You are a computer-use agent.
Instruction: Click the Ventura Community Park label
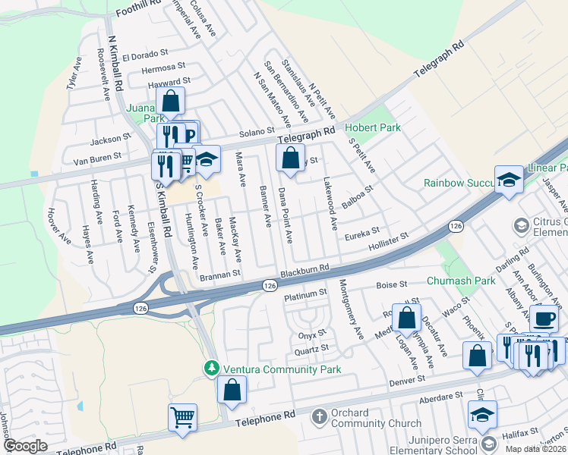tap(280, 369)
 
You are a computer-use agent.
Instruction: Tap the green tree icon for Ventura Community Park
tap(212, 369)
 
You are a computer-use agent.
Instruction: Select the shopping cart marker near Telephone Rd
tap(182, 416)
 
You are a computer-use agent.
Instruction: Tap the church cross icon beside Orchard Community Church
tap(319, 416)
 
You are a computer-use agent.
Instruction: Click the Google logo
tap(25, 446)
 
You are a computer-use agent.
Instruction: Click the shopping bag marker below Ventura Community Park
tap(232, 391)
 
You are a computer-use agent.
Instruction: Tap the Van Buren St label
tap(97, 158)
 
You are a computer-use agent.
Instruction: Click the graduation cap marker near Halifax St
tap(481, 414)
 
